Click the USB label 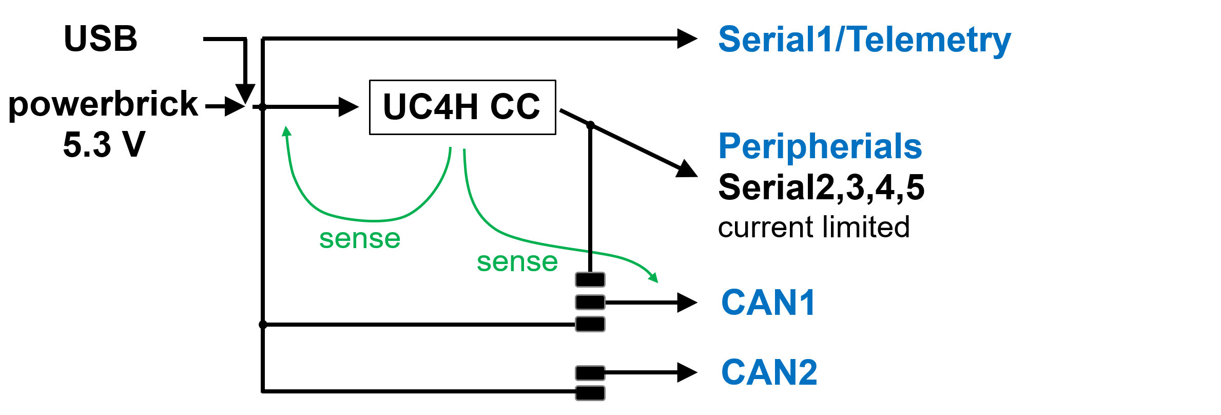[x=101, y=39]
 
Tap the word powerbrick [x=103, y=104]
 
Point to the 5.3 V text [x=104, y=144]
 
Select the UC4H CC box [x=462, y=107]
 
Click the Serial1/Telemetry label [x=864, y=40]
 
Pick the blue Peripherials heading [x=820, y=146]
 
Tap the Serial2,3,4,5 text [x=821, y=187]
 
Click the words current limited [x=813, y=227]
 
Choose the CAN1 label [x=768, y=302]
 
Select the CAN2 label [x=769, y=372]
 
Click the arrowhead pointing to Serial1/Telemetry [x=686, y=39]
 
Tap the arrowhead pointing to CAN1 [x=686, y=303]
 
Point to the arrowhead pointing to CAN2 [x=686, y=372]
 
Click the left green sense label [x=360, y=239]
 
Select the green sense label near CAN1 [x=517, y=262]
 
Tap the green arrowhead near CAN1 [x=653, y=278]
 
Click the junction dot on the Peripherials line [x=590, y=125]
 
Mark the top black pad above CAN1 [x=590, y=280]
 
